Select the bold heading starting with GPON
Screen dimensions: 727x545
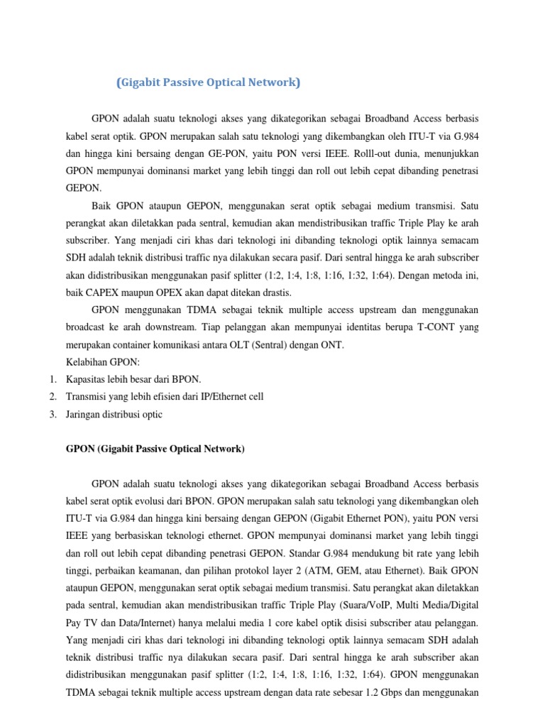(155, 449)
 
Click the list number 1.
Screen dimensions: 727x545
(53, 380)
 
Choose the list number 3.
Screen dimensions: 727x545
(53, 415)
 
